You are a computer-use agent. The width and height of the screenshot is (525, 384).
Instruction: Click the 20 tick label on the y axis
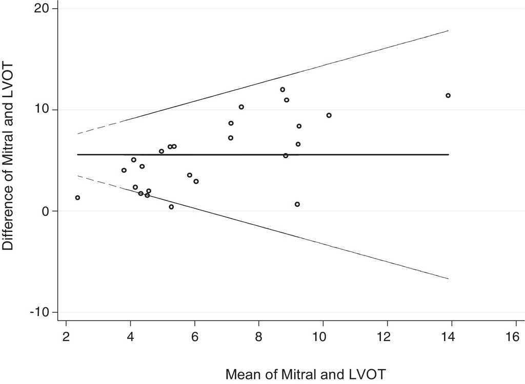(x=43, y=9)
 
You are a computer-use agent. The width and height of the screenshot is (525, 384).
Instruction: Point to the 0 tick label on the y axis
(x=46, y=211)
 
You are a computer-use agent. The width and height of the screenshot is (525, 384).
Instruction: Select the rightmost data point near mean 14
(x=448, y=96)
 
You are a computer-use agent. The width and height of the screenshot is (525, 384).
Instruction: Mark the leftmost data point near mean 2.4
(x=77, y=198)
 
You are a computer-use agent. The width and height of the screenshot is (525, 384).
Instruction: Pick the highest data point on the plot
(x=282, y=90)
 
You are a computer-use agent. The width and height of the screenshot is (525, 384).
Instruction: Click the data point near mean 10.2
(x=329, y=115)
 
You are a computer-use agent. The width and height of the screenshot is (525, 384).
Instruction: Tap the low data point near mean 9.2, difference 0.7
(x=297, y=204)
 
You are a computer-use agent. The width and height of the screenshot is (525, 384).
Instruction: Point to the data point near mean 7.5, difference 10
(x=241, y=107)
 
